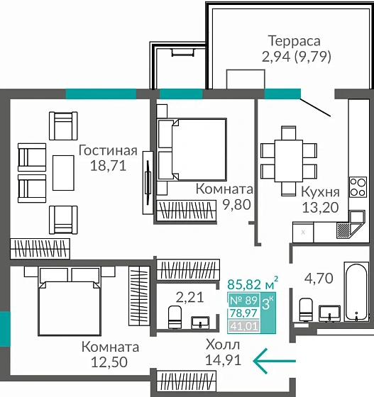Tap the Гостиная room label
tap(107, 150)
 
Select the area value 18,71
tap(107, 167)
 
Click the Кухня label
tap(320, 191)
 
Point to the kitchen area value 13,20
tap(320, 207)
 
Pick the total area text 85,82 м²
tap(252, 284)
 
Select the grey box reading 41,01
tap(243, 326)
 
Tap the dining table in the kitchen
tap(287, 160)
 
